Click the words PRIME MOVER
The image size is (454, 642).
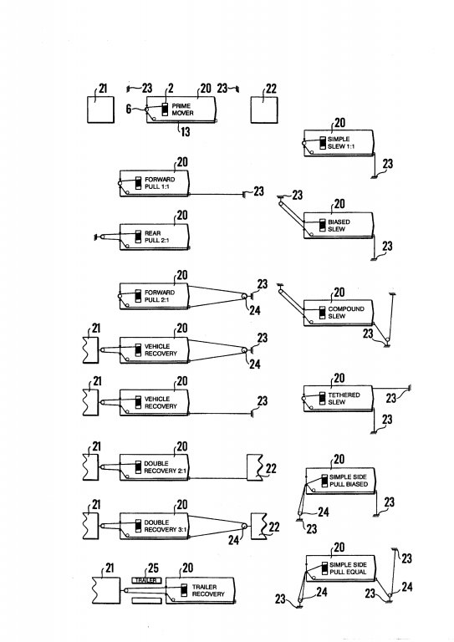(182, 110)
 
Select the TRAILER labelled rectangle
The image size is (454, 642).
(146, 580)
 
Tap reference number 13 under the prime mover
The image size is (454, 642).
(185, 131)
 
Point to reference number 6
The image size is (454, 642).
(129, 109)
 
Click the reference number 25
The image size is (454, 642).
(153, 568)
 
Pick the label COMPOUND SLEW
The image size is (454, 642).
(346, 313)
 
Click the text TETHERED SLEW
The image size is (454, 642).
(344, 399)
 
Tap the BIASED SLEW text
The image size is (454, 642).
(339, 225)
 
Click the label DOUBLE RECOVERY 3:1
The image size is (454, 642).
(165, 526)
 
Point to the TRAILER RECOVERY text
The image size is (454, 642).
(208, 590)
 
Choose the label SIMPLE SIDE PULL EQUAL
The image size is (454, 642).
(348, 568)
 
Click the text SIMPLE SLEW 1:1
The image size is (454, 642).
(341, 142)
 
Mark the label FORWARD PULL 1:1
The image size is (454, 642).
(160, 182)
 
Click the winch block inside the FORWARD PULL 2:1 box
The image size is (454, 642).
(138, 296)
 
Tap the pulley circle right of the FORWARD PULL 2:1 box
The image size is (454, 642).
(244, 297)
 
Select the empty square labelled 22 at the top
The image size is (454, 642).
(264, 110)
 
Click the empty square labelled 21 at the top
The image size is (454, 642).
(100, 110)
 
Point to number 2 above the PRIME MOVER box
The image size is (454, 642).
(171, 88)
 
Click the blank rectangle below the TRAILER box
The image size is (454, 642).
(146, 600)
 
